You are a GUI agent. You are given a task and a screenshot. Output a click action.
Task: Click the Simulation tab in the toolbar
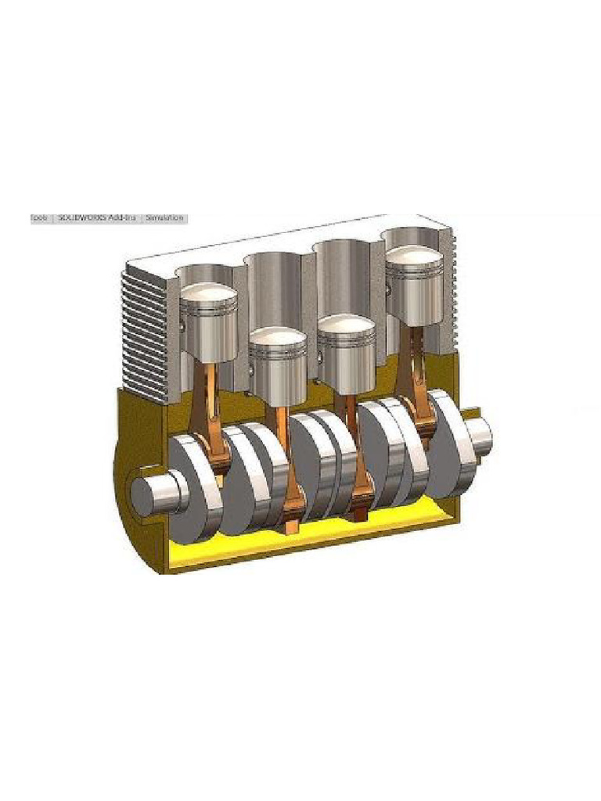tap(164, 218)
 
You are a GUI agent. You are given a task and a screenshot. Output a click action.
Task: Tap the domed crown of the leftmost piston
tap(208, 296)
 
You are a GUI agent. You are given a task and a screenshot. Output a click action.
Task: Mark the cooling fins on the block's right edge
tap(448, 297)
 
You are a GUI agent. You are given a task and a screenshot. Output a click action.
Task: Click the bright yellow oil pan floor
tap(313, 544)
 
